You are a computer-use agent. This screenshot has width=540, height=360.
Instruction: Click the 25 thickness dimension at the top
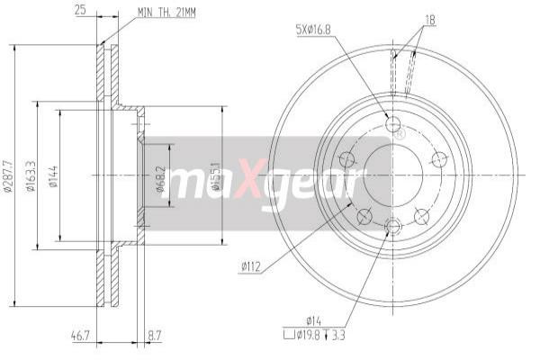79,11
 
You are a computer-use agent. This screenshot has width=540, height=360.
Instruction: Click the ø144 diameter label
54,175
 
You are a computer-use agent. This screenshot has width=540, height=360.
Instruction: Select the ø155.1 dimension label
216,176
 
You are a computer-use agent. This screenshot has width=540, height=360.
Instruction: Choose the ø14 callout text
313,320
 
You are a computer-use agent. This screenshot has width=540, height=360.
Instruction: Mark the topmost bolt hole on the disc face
392,123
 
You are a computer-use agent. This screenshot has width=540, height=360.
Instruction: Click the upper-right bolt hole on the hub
439,159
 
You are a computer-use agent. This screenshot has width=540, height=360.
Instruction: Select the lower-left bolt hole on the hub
364,216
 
